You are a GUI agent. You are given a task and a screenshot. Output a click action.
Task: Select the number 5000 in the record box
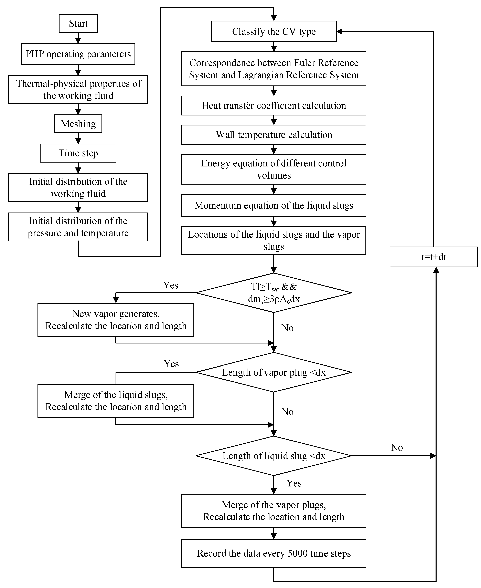(x=298, y=553)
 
